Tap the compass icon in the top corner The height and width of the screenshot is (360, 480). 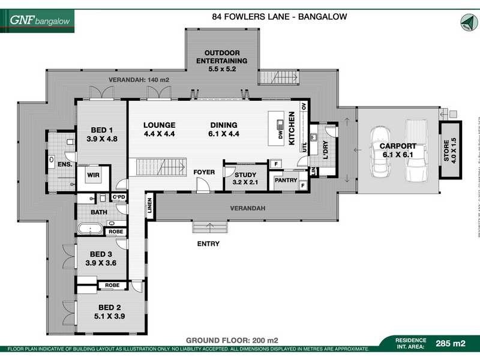point(466,22)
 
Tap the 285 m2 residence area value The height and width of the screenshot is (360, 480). point(451,344)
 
